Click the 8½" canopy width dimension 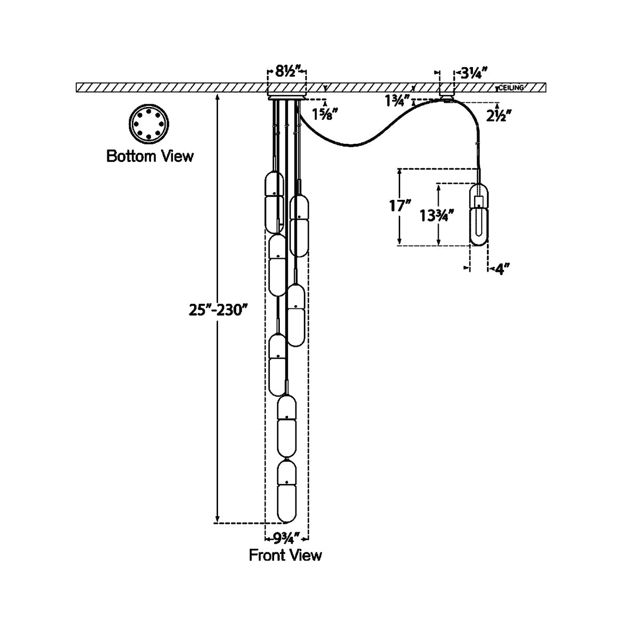point(286,72)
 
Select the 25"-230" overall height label point(216,310)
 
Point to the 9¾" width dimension point(287,537)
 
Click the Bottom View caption point(150,155)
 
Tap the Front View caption point(285,555)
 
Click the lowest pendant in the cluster point(287,491)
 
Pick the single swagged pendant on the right point(479,213)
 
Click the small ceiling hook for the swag point(446,96)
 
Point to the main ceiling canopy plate point(286,96)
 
